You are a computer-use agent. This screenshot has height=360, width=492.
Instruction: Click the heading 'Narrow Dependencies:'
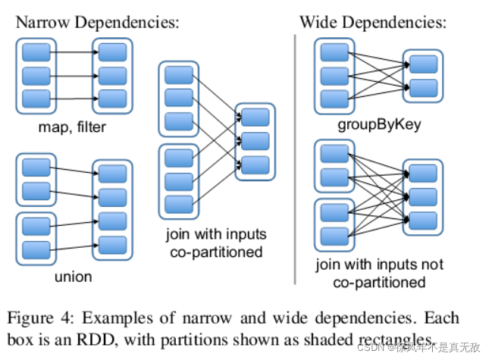[97, 21]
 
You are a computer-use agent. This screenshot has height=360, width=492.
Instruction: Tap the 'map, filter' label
[72, 127]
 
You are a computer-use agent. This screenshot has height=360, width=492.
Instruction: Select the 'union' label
[73, 276]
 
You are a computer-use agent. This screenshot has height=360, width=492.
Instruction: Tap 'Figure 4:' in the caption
[50, 317]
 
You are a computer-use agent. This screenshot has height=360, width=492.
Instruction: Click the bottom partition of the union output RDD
[112, 244]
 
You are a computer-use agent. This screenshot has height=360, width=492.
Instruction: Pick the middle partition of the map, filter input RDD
[36, 76]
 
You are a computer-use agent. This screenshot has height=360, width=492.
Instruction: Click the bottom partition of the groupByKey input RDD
[334, 99]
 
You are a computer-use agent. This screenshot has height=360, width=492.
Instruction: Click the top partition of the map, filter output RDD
[112, 52]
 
